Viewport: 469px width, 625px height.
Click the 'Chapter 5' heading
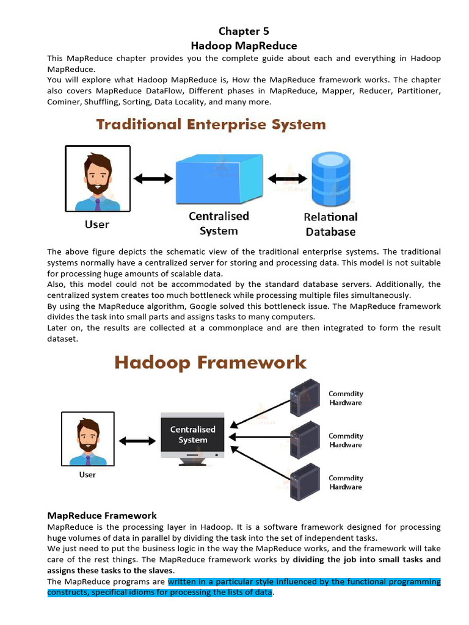tap(244, 31)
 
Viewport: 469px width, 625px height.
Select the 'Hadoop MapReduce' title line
tap(244, 46)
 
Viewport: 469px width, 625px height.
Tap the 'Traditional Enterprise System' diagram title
tap(211, 125)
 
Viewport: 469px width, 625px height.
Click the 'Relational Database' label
tap(330, 224)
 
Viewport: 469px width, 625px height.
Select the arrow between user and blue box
tap(153, 178)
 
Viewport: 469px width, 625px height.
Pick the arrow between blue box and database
tap(287, 179)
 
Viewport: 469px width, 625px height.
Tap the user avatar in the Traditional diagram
tap(98, 178)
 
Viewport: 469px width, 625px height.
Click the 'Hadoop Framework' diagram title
tap(211, 363)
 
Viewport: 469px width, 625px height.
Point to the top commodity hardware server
tap(305, 397)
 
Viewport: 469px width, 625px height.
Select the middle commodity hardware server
tap(305, 439)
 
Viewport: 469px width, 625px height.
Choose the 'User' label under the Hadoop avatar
tap(88, 474)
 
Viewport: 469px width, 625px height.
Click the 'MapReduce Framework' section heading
tap(102, 515)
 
